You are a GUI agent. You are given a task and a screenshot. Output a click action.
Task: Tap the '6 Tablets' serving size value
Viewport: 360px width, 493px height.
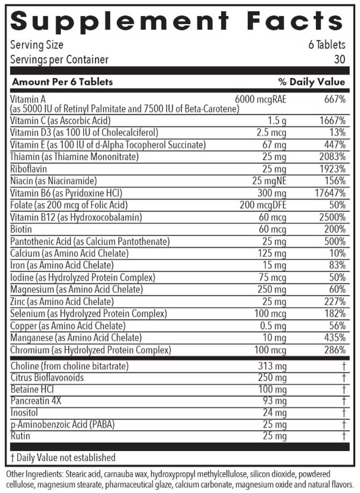coord(327,45)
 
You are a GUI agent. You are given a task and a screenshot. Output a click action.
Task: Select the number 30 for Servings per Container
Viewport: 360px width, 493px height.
coord(339,60)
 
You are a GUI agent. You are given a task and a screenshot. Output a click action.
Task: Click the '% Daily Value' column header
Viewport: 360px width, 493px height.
coord(312,82)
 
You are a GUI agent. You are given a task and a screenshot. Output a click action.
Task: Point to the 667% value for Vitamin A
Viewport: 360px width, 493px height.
coord(334,99)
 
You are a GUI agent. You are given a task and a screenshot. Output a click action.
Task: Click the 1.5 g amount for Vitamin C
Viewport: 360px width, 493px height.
coord(277,121)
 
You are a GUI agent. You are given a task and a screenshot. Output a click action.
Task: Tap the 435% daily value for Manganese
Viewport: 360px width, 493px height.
coord(334,338)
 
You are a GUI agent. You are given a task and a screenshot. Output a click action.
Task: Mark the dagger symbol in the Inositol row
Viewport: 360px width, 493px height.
coord(343,413)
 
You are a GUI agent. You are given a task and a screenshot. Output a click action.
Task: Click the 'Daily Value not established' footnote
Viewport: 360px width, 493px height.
coord(63,458)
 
